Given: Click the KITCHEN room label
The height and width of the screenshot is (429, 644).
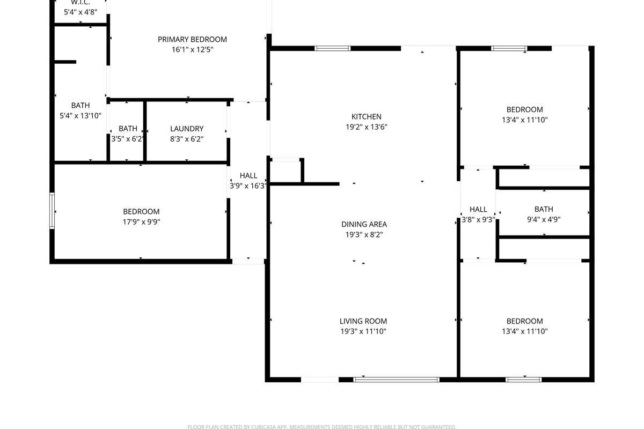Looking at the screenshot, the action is pyautogui.click(x=366, y=117).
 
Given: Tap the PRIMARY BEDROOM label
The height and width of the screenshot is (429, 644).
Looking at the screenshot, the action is pyautogui.click(x=192, y=39).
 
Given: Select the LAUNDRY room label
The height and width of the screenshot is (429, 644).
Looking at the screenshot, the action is pyautogui.click(x=187, y=129).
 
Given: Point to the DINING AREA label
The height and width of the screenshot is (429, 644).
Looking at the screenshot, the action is pyautogui.click(x=364, y=224).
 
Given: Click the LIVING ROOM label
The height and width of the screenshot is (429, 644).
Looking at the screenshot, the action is pyautogui.click(x=363, y=321).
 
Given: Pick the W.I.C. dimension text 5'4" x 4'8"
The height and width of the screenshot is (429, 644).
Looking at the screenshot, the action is pyautogui.click(x=80, y=12).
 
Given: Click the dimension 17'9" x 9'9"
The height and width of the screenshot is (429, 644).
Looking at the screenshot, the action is pyautogui.click(x=141, y=222).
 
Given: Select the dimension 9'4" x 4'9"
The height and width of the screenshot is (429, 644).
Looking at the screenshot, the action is pyautogui.click(x=544, y=219).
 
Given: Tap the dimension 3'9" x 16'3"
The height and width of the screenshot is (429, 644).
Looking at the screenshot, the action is pyautogui.click(x=248, y=186).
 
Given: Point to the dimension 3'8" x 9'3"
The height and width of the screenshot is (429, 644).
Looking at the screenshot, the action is pyautogui.click(x=478, y=220).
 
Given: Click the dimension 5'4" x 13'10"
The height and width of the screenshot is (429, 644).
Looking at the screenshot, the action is pyautogui.click(x=80, y=116).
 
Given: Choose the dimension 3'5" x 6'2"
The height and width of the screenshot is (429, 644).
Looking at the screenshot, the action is pyautogui.click(x=127, y=139).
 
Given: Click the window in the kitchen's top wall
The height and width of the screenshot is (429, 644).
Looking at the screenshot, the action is pyautogui.click(x=332, y=48).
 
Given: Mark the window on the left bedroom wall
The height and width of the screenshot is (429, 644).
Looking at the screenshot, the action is pyautogui.click(x=52, y=211).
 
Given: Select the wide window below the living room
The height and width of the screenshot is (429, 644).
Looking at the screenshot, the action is pyautogui.click(x=396, y=380).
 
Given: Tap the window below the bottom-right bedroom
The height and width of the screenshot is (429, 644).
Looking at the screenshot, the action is pyautogui.click(x=524, y=380).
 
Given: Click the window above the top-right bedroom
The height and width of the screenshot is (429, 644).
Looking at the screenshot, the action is pyautogui.click(x=509, y=48).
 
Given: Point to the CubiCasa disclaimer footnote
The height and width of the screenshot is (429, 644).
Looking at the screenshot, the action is pyautogui.click(x=321, y=427).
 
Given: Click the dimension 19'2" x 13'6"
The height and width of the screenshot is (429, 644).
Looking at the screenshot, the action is pyautogui.click(x=366, y=127).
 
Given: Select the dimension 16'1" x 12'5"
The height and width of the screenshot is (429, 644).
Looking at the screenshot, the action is pyautogui.click(x=192, y=50).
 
